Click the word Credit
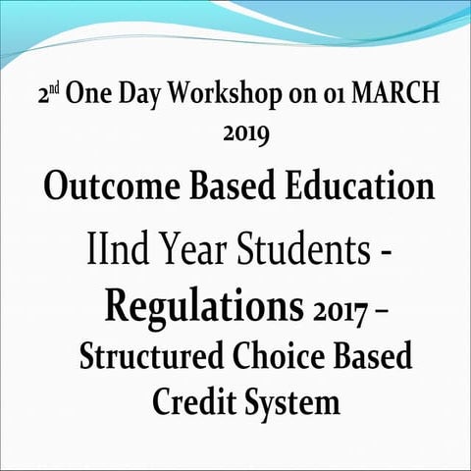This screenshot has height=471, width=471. pos(191,402)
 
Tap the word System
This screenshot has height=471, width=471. pos(290,402)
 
